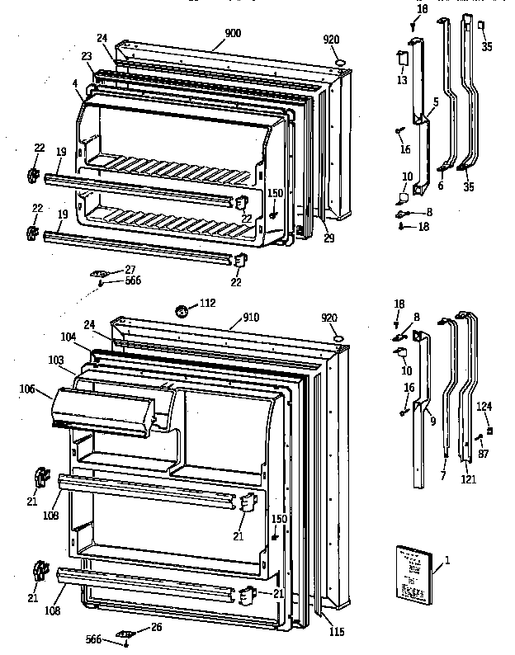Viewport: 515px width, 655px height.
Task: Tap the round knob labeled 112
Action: (x=182, y=311)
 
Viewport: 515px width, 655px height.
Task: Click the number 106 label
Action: (x=27, y=389)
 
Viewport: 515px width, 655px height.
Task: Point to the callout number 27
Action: (x=130, y=269)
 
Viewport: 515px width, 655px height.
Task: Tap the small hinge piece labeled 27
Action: (x=102, y=273)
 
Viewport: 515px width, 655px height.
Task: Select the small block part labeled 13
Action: (x=403, y=59)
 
